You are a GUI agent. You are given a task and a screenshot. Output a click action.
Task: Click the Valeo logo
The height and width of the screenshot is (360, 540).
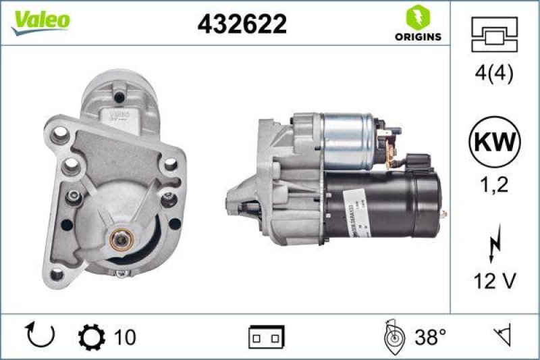(38, 20)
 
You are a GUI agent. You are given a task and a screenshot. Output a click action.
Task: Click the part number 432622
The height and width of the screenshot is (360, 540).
(242, 24)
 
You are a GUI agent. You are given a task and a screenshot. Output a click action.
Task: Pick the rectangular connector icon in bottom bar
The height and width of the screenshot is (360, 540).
(266, 336)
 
